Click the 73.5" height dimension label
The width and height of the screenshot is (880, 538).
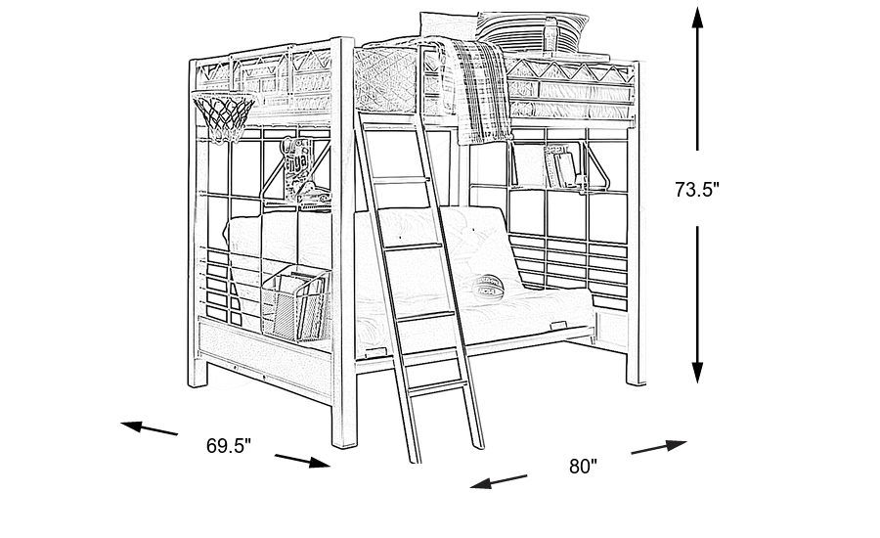pos(697,191)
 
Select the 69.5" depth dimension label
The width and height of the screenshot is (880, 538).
pos(229,446)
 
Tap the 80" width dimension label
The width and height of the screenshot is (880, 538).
pos(583,467)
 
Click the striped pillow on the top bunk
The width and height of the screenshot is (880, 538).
pos(533,27)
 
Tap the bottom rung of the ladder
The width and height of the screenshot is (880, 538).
pos(437,388)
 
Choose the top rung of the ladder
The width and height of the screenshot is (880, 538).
pos(398,180)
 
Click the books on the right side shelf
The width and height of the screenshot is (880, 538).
pos(559,166)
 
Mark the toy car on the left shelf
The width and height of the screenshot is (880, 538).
pos(315,201)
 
